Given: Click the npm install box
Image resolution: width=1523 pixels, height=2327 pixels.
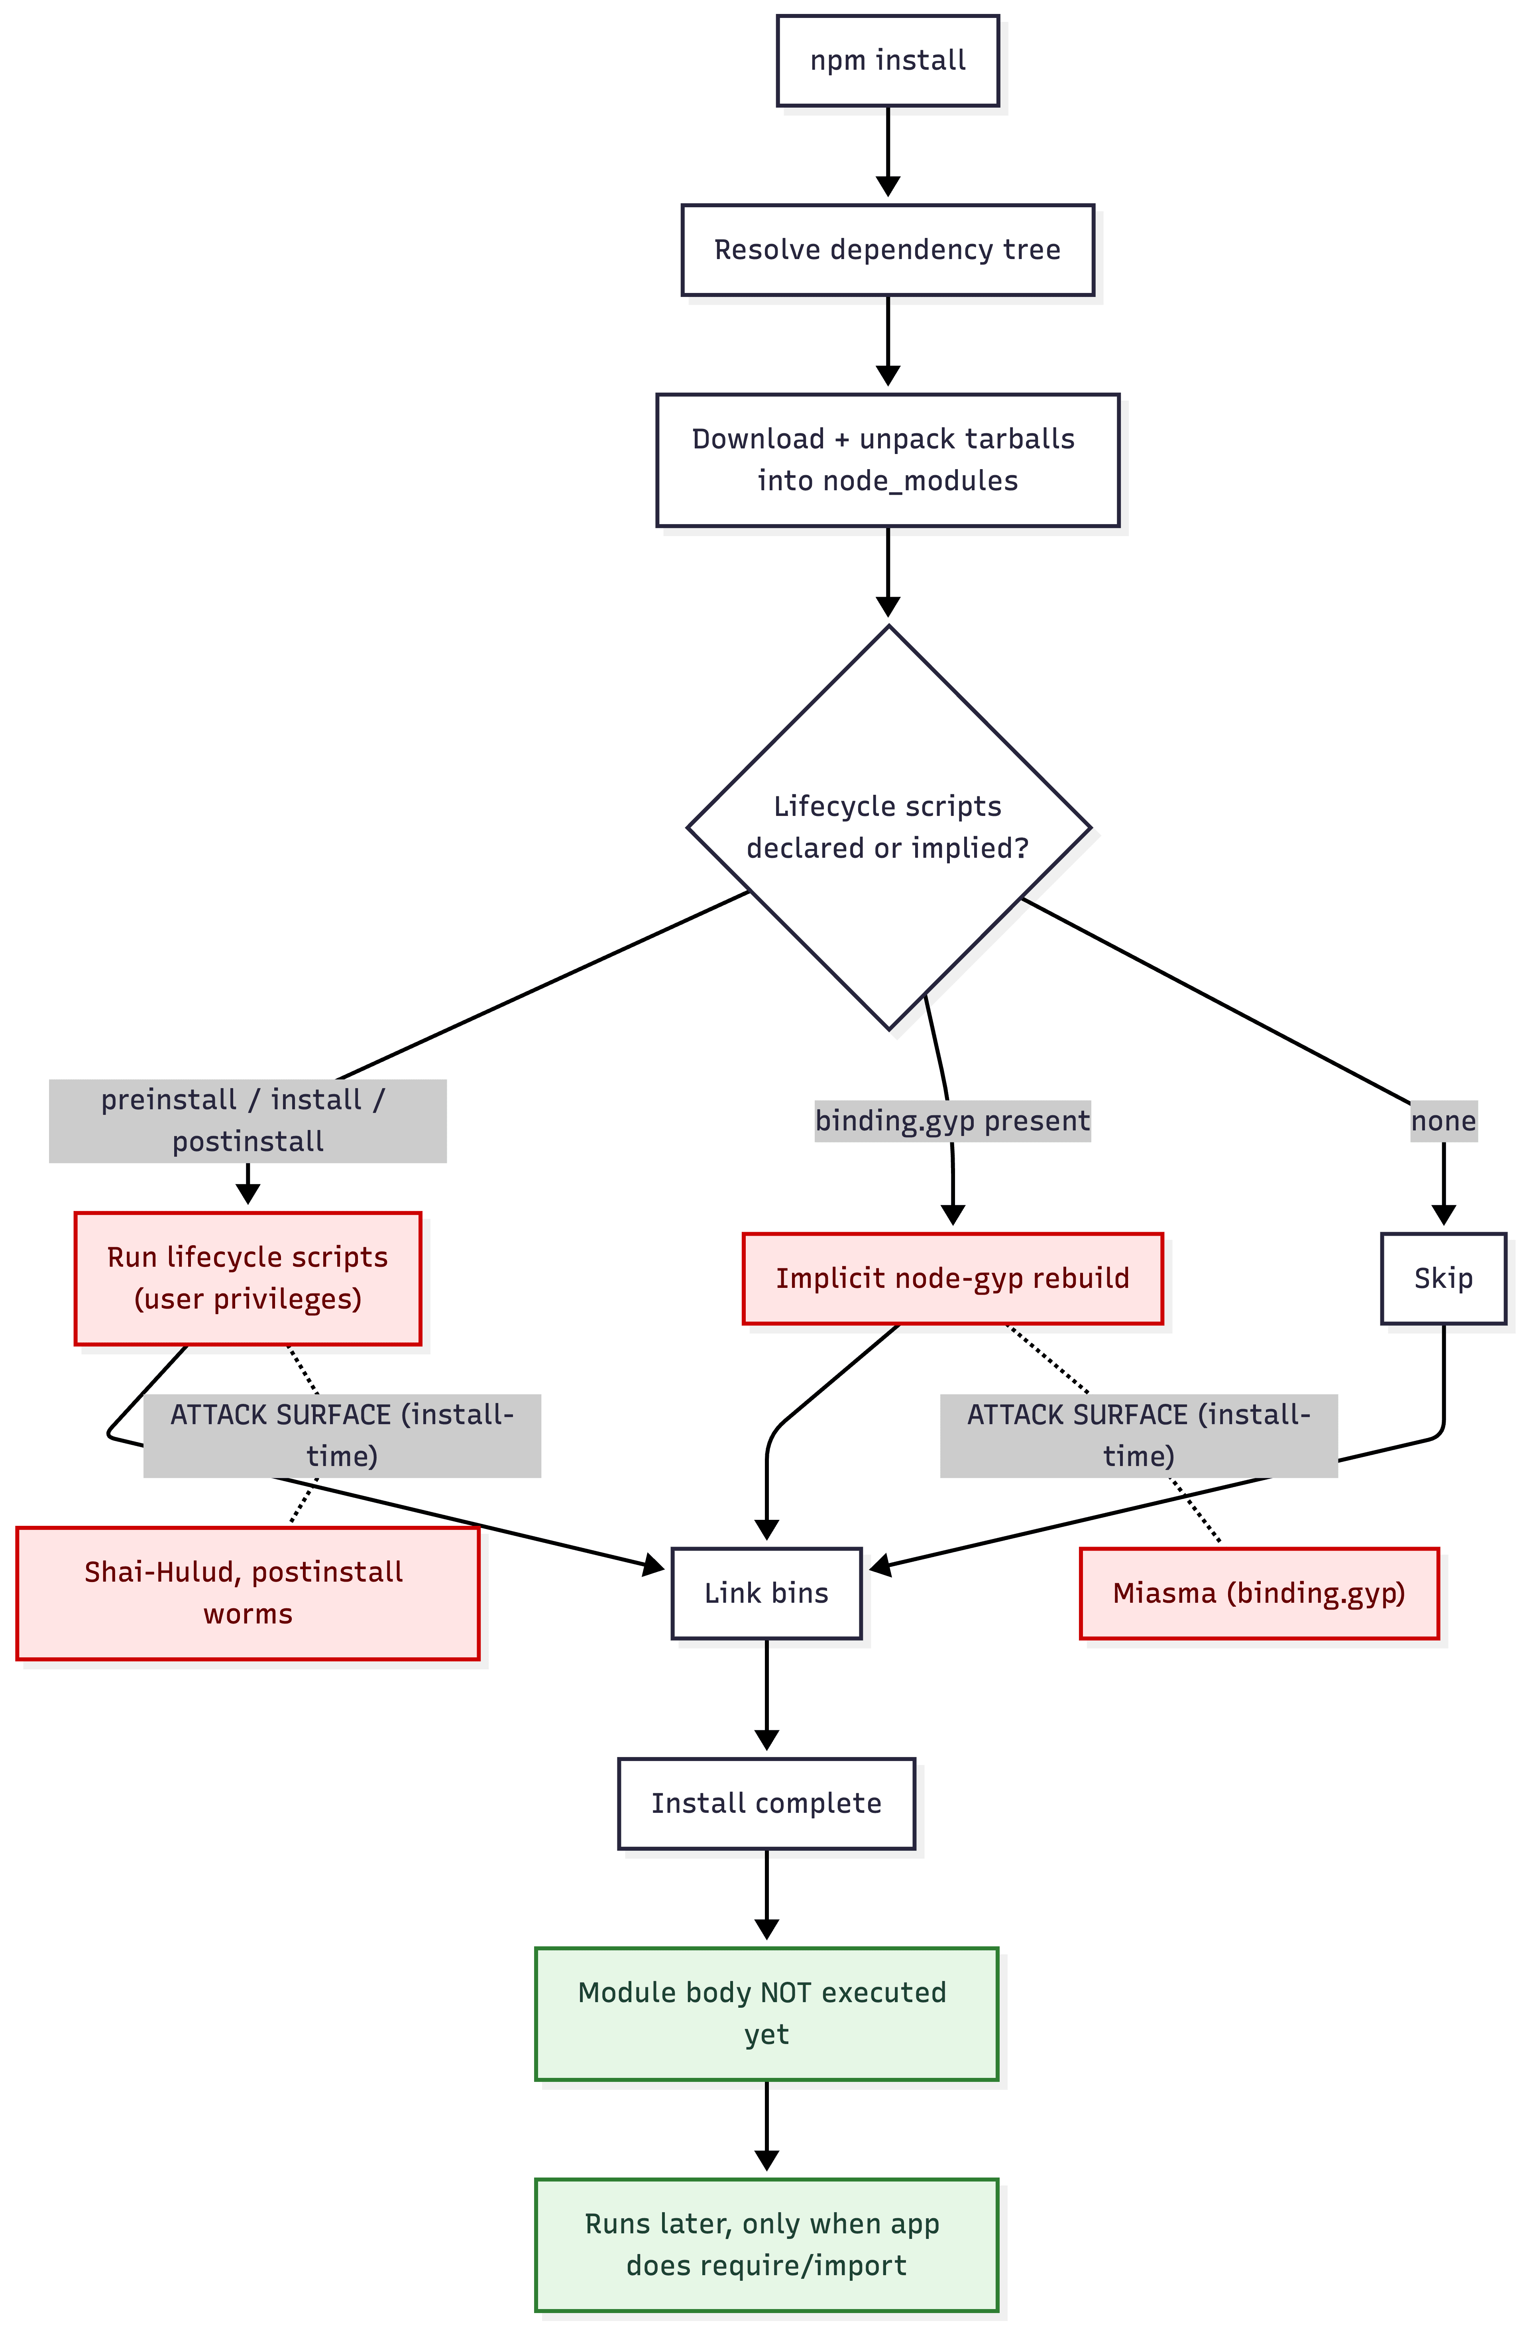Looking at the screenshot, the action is coord(888,61).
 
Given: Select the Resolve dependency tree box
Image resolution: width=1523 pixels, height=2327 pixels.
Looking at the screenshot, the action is coord(888,250).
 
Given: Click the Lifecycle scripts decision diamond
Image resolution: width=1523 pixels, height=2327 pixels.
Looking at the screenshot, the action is coord(888,827).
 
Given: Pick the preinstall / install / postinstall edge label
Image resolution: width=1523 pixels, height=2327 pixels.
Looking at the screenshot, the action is coord(247,1120).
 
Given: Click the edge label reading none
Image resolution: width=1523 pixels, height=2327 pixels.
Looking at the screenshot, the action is coord(1443,1120).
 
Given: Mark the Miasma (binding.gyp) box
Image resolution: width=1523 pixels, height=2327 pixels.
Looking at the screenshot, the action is coord(1259,1593).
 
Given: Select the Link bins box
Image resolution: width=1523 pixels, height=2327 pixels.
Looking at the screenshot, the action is coord(766,1593).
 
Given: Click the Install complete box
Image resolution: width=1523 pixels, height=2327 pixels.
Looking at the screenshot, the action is coord(766,1803).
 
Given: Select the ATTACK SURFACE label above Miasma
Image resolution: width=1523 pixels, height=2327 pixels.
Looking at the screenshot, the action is coord(1139,1435).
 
